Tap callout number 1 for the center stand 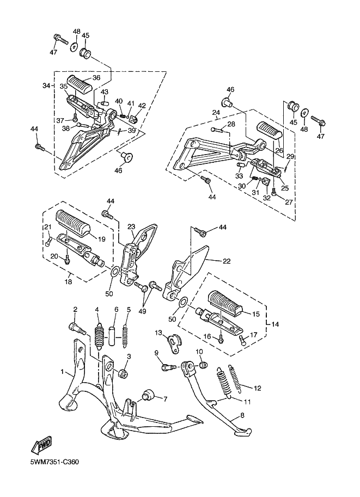click(x=63, y=373)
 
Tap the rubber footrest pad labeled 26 click(x=268, y=132)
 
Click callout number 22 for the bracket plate click(x=227, y=261)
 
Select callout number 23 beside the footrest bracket click(x=131, y=227)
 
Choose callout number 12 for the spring click(x=258, y=388)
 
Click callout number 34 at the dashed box click(x=46, y=85)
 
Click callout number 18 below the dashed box click(x=68, y=283)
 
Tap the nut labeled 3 click(x=121, y=373)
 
